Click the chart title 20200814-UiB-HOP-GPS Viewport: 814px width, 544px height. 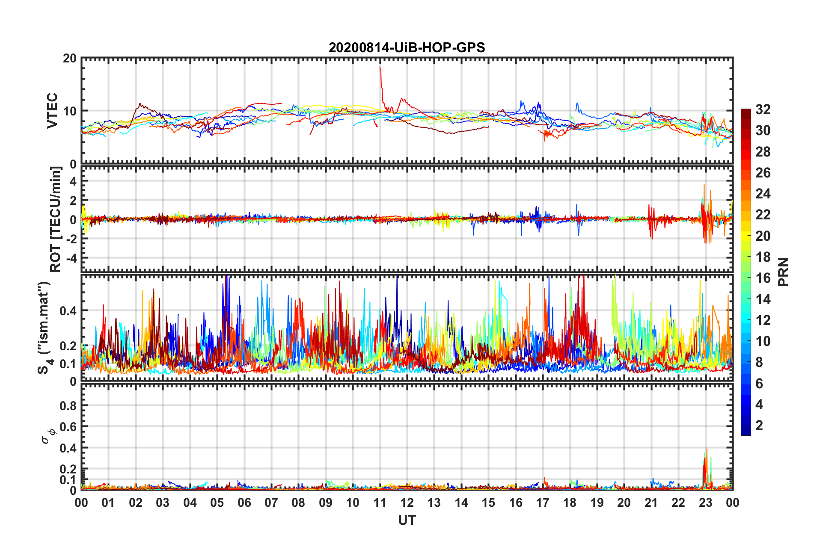point(407,47)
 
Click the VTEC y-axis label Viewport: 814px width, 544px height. point(52,111)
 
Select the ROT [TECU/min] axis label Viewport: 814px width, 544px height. point(55,219)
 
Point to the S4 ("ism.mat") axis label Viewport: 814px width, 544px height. point(45,328)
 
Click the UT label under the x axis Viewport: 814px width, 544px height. point(407,520)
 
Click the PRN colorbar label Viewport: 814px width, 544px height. point(784,272)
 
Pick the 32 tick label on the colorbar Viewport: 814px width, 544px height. point(763,109)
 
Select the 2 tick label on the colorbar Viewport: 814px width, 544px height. point(759,426)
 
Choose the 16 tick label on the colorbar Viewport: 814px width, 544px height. point(763,278)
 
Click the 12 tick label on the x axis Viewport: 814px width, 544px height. point(407,503)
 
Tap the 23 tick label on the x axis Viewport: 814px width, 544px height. point(705,503)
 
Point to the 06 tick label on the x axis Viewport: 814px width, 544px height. point(244,503)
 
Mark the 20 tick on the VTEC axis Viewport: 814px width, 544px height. point(69,58)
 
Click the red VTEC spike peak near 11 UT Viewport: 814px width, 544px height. point(380,68)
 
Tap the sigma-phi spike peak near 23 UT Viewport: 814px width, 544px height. point(707,449)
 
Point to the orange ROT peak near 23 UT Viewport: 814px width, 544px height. point(704,185)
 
